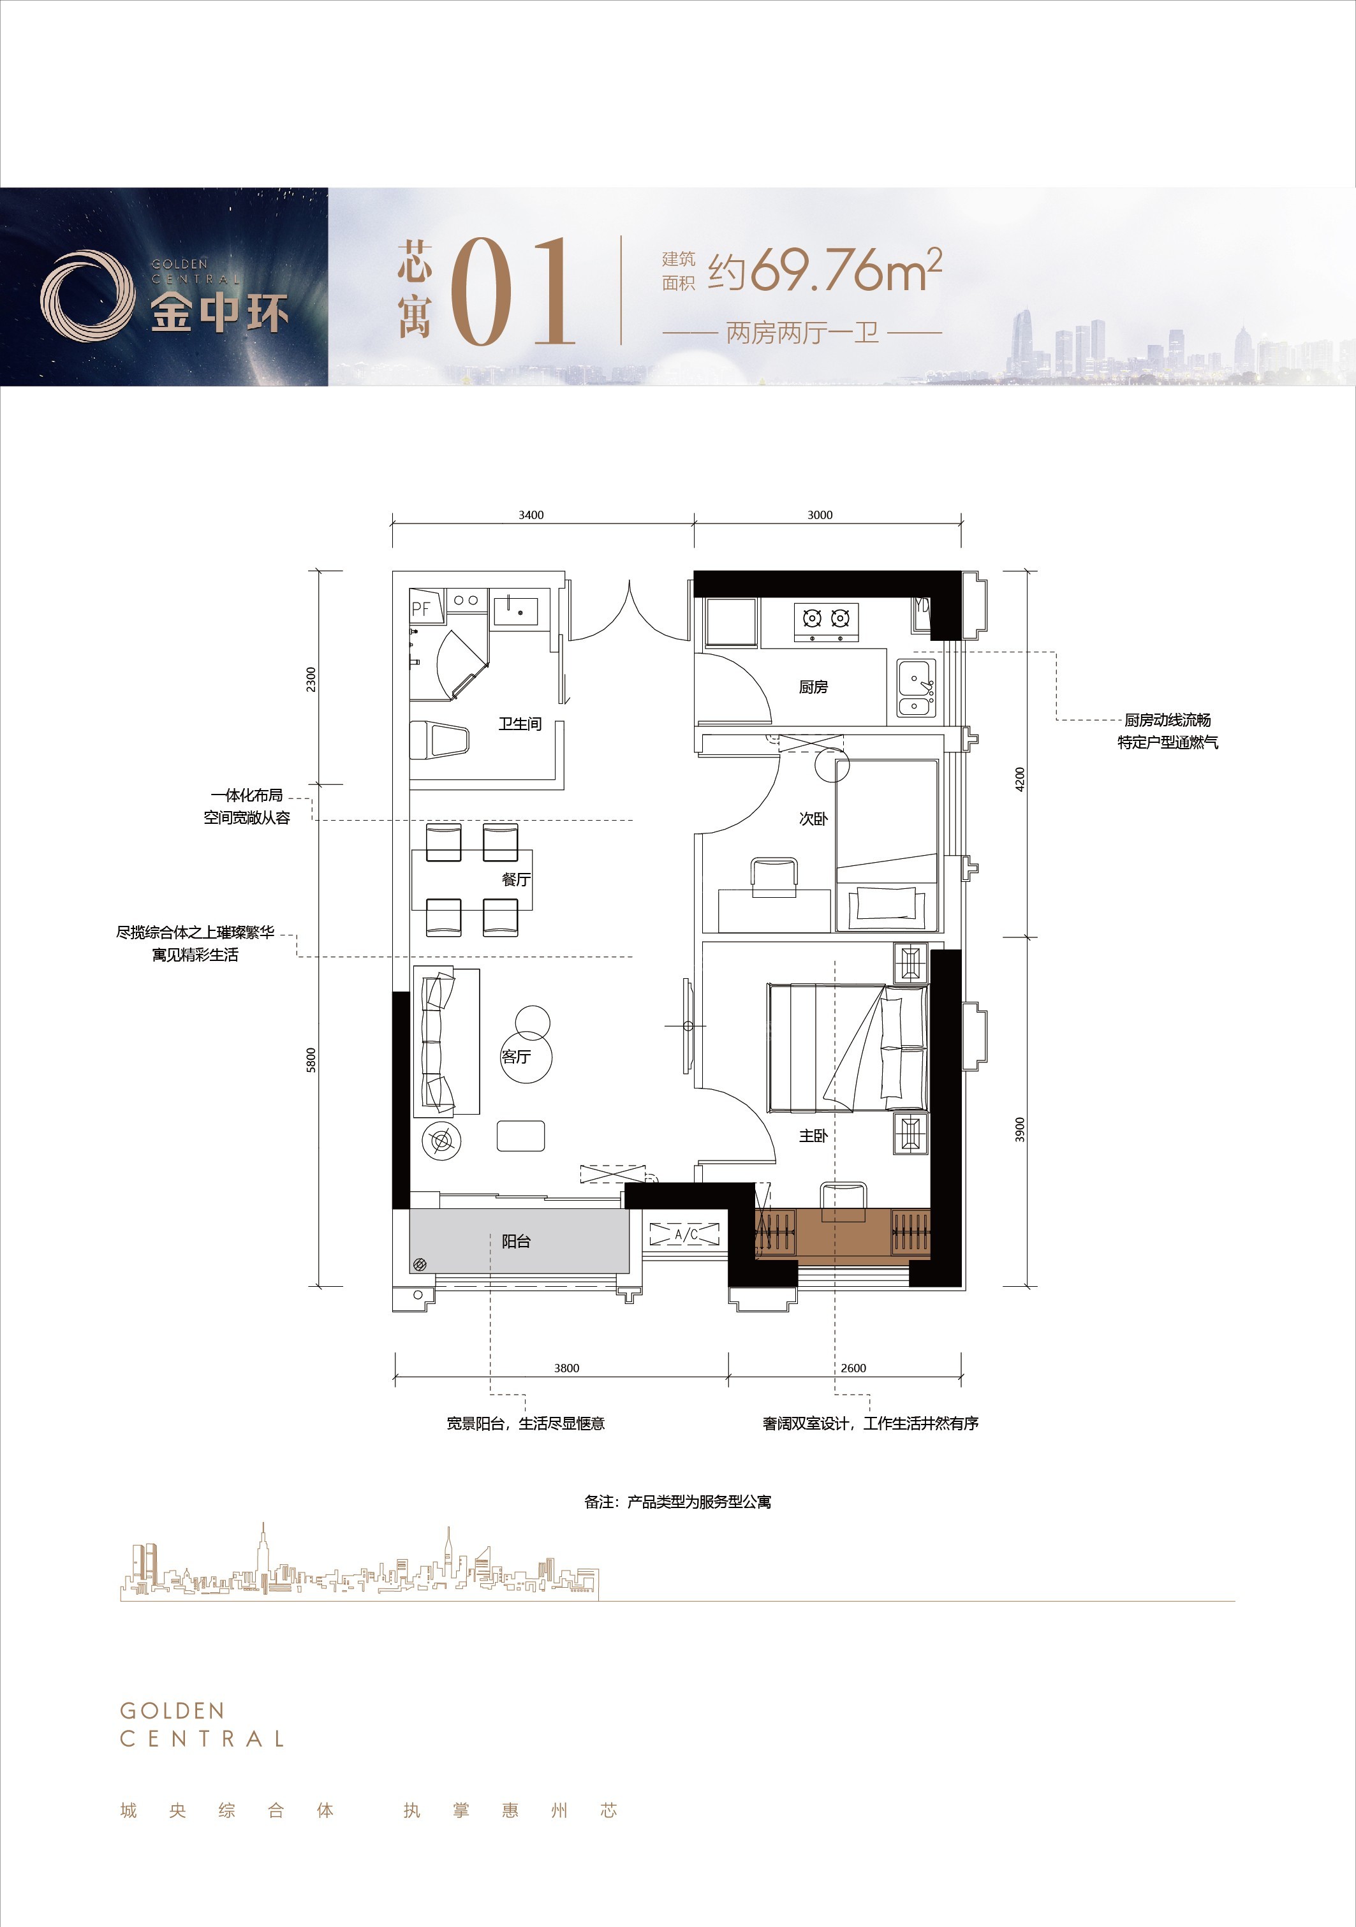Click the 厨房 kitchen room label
[813, 687]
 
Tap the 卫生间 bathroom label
[520, 724]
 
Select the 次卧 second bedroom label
[813, 818]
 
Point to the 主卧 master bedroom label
[813, 1136]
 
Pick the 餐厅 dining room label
[515, 879]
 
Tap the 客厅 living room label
[515, 1057]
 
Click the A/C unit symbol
[685, 1234]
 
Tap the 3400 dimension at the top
[531, 515]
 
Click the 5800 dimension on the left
[311, 1060]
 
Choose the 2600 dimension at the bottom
[853, 1368]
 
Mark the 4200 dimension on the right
[1019, 779]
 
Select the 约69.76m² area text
[825, 270]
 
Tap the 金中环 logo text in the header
[220, 312]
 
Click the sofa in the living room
[446, 1041]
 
